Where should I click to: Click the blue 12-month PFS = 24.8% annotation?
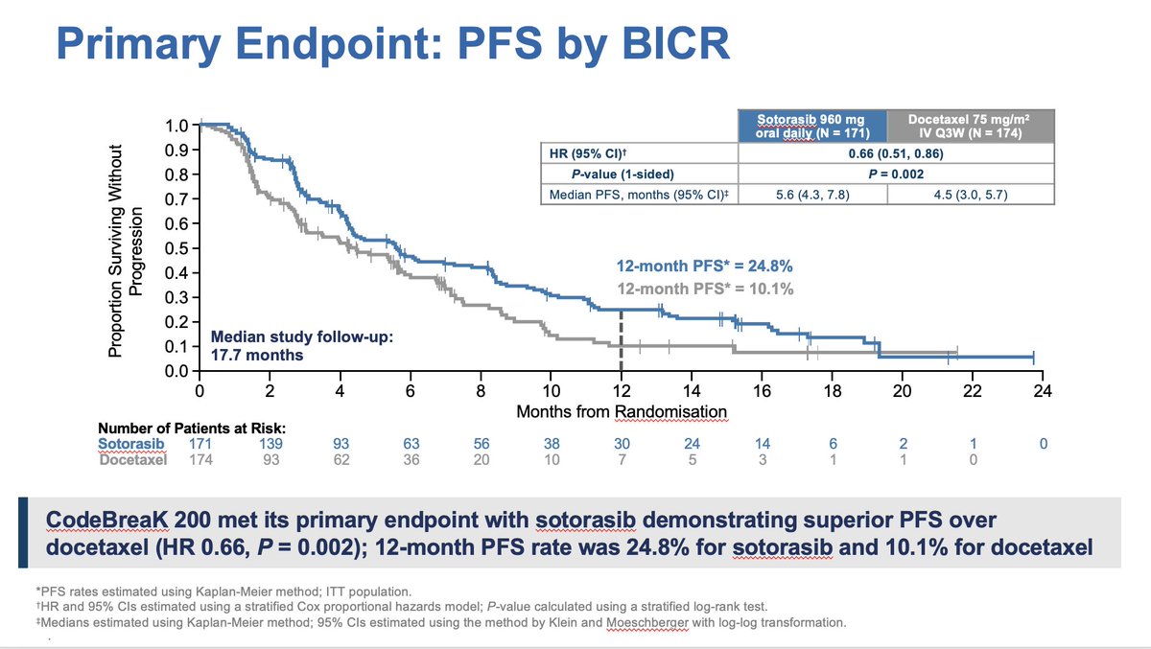[x=703, y=267]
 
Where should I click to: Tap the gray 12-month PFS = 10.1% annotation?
[x=703, y=289]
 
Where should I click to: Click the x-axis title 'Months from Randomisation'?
[x=622, y=411]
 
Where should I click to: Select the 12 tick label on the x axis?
[x=621, y=390]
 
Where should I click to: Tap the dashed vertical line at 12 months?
[x=621, y=340]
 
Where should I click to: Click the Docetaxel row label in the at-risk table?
[x=132, y=460]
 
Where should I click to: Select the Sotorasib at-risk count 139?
[x=270, y=445]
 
